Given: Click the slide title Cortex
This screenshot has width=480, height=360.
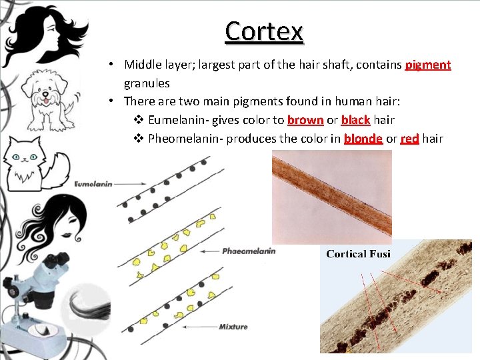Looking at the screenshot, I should (x=264, y=31).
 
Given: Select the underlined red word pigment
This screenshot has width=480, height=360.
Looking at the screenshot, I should (x=428, y=65).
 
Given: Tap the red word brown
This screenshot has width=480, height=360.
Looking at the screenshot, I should (x=305, y=120).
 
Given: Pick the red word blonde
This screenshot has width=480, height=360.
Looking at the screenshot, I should (x=363, y=139).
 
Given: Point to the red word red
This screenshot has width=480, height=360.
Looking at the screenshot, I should (x=409, y=139).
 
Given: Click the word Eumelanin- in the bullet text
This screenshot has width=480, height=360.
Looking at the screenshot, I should (x=177, y=120).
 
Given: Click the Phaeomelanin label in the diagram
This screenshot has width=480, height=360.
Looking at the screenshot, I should (x=248, y=251).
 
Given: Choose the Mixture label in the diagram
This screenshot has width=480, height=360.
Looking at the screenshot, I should (x=233, y=327).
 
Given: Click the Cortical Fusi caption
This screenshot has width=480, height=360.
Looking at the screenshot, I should (x=358, y=254).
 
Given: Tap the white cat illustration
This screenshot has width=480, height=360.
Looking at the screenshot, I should (x=33, y=163).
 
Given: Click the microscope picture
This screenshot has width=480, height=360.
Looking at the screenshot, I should (x=37, y=293).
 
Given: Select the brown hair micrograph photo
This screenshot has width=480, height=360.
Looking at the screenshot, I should (x=331, y=197).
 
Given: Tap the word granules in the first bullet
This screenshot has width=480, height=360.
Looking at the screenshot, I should (x=147, y=83).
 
